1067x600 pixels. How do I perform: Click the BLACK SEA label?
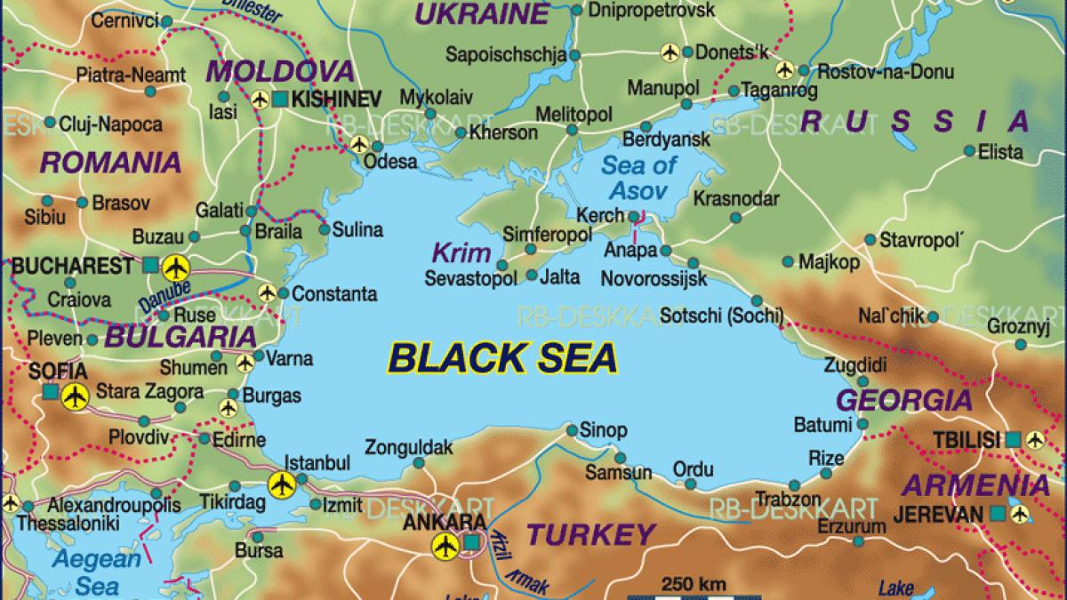tap(502, 359)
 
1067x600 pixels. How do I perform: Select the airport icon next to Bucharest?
tap(175, 265)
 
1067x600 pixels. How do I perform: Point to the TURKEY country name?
tap(590, 534)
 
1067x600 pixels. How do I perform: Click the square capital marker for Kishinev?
tap(281, 98)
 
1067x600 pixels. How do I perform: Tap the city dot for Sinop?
tap(572, 430)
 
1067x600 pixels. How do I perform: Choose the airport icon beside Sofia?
tap(76, 396)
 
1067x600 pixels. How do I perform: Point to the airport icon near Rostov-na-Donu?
tap(784, 69)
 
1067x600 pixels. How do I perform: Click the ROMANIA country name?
tap(111, 162)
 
